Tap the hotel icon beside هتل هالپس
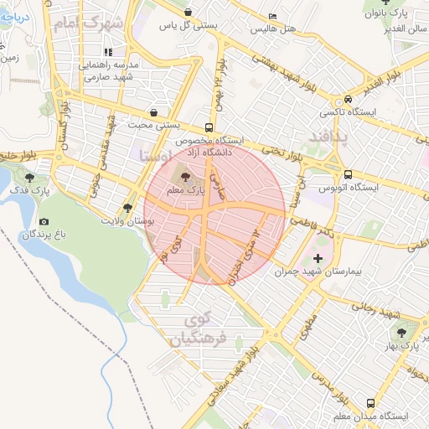(272, 17)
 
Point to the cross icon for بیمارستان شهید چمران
(317, 258)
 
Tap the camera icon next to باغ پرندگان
(44, 222)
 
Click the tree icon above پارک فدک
(30, 178)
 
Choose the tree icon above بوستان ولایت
(127, 208)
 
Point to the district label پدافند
(327, 134)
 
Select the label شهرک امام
(87, 23)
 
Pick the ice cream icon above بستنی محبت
(153, 111)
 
